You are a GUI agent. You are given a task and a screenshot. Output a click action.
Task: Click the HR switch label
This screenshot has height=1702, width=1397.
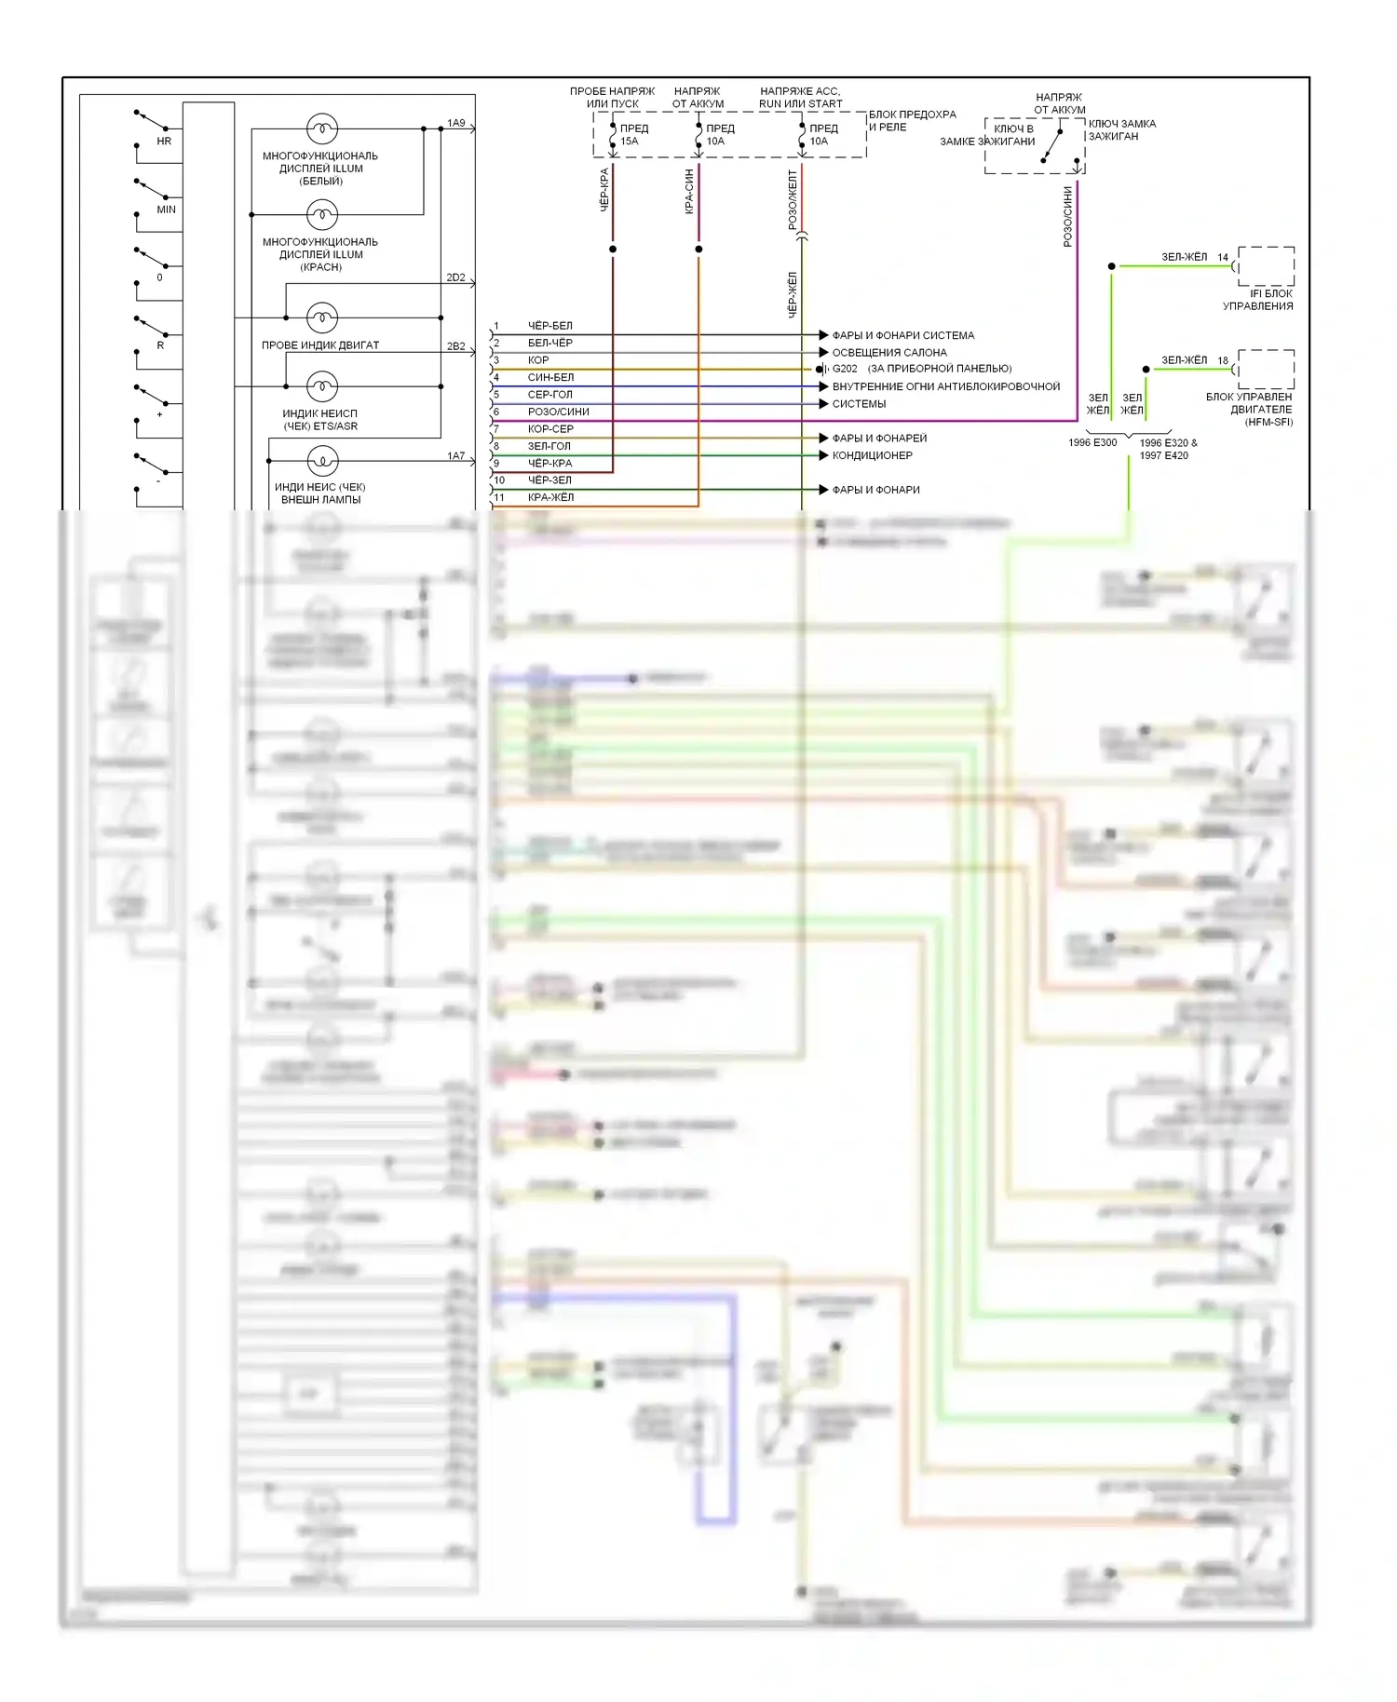click(x=164, y=142)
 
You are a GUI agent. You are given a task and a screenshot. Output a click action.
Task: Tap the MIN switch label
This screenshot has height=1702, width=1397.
click(x=166, y=209)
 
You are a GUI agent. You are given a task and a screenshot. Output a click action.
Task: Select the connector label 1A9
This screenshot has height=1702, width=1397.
click(x=455, y=123)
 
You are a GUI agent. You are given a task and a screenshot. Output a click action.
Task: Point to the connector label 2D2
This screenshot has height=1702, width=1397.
click(x=455, y=277)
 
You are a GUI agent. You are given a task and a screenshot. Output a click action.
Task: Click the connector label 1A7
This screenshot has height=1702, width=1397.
click(x=455, y=455)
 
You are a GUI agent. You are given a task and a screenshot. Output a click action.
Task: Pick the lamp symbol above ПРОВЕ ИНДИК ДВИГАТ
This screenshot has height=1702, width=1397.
click(x=322, y=317)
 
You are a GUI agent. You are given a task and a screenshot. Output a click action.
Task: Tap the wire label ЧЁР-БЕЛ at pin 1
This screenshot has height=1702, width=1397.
click(x=550, y=326)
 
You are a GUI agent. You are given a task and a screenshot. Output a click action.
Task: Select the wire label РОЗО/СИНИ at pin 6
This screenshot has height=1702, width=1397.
click(x=558, y=412)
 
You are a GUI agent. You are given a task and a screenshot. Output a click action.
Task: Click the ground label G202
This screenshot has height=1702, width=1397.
click(x=845, y=369)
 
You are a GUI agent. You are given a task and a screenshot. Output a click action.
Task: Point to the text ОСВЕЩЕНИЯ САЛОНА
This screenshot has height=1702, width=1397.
click(x=888, y=353)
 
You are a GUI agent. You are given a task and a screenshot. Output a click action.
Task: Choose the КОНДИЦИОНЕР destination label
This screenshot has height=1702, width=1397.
click(x=872, y=455)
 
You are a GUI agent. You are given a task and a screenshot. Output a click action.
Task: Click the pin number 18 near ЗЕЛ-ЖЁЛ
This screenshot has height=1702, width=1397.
click(x=1223, y=360)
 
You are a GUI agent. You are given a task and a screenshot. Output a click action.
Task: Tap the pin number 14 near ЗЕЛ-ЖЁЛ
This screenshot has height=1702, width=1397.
click(x=1223, y=257)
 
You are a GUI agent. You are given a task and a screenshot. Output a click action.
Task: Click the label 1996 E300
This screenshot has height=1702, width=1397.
click(x=1092, y=442)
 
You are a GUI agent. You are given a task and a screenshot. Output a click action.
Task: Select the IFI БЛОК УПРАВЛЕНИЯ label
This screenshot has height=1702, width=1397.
click(x=1258, y=300)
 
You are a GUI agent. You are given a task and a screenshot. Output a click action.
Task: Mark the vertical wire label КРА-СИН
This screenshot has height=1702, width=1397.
click(x=689, y=192)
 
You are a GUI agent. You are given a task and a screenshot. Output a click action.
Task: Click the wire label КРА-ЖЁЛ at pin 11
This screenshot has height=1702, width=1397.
click(x=550, y=497)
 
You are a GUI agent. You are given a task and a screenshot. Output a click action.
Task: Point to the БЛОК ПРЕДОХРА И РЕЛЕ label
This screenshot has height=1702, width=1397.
click(x=912, y=121)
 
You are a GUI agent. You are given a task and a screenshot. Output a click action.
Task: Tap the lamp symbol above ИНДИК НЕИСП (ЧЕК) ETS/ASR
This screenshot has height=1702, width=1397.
click(x=322, y=385)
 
